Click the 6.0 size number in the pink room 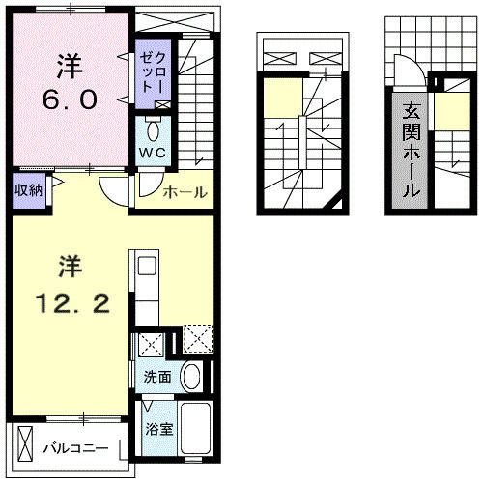coord(68,98)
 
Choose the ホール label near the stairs coord(185,192)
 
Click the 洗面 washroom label coord(158,377)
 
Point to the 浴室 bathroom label coord(159,428)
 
